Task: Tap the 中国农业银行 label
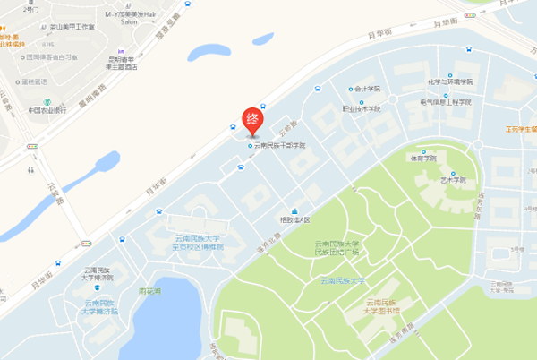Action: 47,110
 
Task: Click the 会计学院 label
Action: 367,89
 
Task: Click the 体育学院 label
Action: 423,158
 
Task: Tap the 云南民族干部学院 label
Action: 279,145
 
